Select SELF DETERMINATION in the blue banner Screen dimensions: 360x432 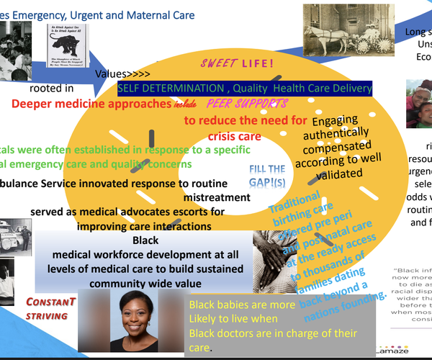click(171, 88)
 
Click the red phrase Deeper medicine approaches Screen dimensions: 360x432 click(89, 103)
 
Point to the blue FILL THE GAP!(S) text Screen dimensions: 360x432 click(267, 175)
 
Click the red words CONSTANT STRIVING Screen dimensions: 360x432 click(51, 308)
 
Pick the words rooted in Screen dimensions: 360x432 click(51, 89)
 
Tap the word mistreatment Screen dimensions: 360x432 click(216, 197)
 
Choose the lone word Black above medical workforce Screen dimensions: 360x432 click(145, 240)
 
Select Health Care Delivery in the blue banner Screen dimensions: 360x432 click(318, 88)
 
